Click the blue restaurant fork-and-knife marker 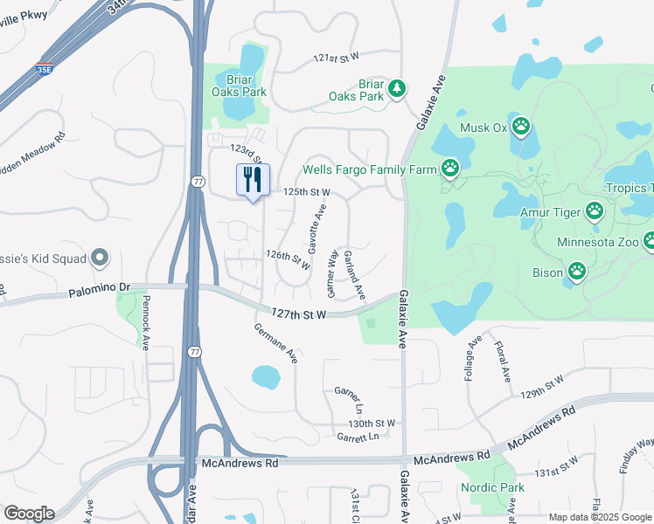click(253, 180)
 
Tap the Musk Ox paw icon click(521, 128)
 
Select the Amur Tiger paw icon click(595, 210)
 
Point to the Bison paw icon click(577, 272)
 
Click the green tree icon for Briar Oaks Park click(397, 87)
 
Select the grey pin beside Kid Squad click(100, 258)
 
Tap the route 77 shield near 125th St click(198, 181)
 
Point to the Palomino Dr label click(99, 286)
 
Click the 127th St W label click(298, 313)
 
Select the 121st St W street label click(337, 58)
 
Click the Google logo click(29, 514)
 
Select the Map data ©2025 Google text click(599, 517)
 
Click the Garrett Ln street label click(360, 436)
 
